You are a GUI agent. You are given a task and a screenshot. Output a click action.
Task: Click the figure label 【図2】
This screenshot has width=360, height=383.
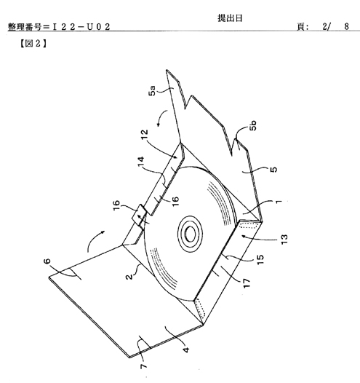point(33,44)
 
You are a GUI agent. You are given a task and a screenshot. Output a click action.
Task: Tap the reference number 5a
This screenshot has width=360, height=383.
point(152,90)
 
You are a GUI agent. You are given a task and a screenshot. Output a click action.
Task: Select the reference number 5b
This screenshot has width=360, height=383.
point(253,125)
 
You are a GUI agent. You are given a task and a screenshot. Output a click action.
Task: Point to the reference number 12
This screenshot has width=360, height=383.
point(145,135)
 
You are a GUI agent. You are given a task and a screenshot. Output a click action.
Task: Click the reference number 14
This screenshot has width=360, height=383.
point(141,162)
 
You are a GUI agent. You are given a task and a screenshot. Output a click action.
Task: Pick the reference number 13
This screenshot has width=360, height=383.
point(284,239)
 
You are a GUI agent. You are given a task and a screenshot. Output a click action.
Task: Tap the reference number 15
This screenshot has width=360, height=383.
point(260,259)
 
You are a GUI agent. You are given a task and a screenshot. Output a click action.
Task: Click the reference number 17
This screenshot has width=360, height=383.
point(247,283)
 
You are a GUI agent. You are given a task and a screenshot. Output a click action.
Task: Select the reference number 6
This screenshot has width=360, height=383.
point(47,261)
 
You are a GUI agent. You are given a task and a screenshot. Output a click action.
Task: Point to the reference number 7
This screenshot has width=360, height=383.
point(144,366)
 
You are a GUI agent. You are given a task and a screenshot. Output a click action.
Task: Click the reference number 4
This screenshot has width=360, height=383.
point(186,350)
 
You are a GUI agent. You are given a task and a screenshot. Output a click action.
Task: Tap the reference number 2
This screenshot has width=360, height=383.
point(129,276)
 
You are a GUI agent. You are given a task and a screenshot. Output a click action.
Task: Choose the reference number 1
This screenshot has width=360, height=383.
point(279,202)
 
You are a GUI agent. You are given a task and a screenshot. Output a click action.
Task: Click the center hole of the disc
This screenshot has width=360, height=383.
point(191,233)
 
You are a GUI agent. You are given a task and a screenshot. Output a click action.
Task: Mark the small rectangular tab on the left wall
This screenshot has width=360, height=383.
point(138,216)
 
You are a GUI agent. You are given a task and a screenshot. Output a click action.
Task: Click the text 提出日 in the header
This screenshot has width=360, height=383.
point(230,18)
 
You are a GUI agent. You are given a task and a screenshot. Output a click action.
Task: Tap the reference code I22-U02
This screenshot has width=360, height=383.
point(81,27)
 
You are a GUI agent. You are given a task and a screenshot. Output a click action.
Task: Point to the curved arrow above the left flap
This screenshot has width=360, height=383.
point(96,240)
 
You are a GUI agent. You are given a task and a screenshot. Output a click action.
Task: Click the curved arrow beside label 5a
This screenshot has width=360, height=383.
point(161,118)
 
